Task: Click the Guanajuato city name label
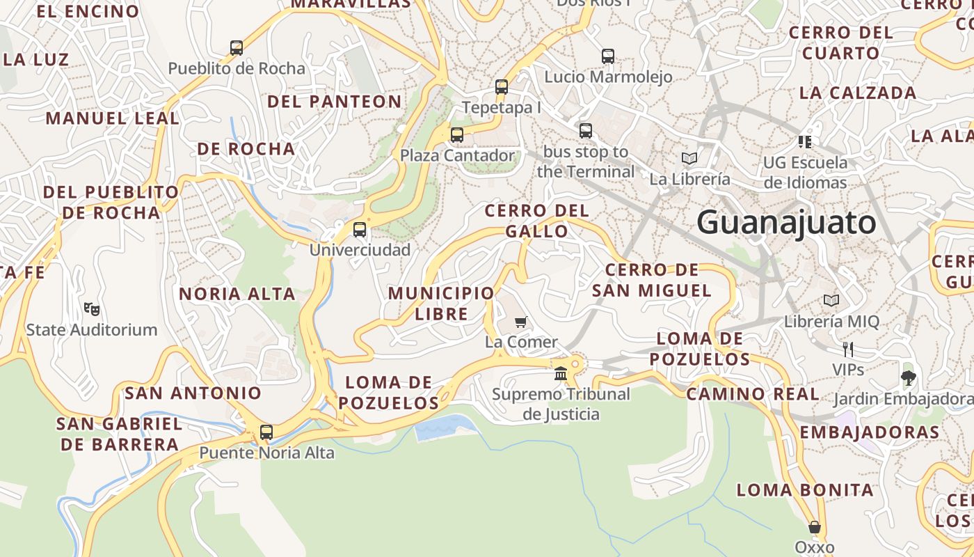click(786, 223)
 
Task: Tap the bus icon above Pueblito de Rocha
click(237, 48)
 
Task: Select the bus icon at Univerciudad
click(360, 230)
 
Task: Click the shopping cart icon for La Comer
click(521, 322)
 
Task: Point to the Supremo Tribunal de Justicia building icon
click(561, 374)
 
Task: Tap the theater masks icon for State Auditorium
click(91, 308)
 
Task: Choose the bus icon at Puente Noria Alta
click(266, 432)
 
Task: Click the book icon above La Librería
click(689, 158)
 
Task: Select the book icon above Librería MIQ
click(831, 300)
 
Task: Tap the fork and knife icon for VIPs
click(847, 349)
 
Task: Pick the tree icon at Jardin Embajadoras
click(908, 378)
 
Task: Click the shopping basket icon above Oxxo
click(814, 527)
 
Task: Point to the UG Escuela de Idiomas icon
click(806, 142)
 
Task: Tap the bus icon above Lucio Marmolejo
click(608, 56)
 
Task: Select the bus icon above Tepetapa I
click(502, 87)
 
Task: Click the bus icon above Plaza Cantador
click(457, 135)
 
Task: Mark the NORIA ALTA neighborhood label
click(237, 294)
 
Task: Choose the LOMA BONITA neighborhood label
click(805, 490)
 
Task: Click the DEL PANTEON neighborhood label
click(335, 102)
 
